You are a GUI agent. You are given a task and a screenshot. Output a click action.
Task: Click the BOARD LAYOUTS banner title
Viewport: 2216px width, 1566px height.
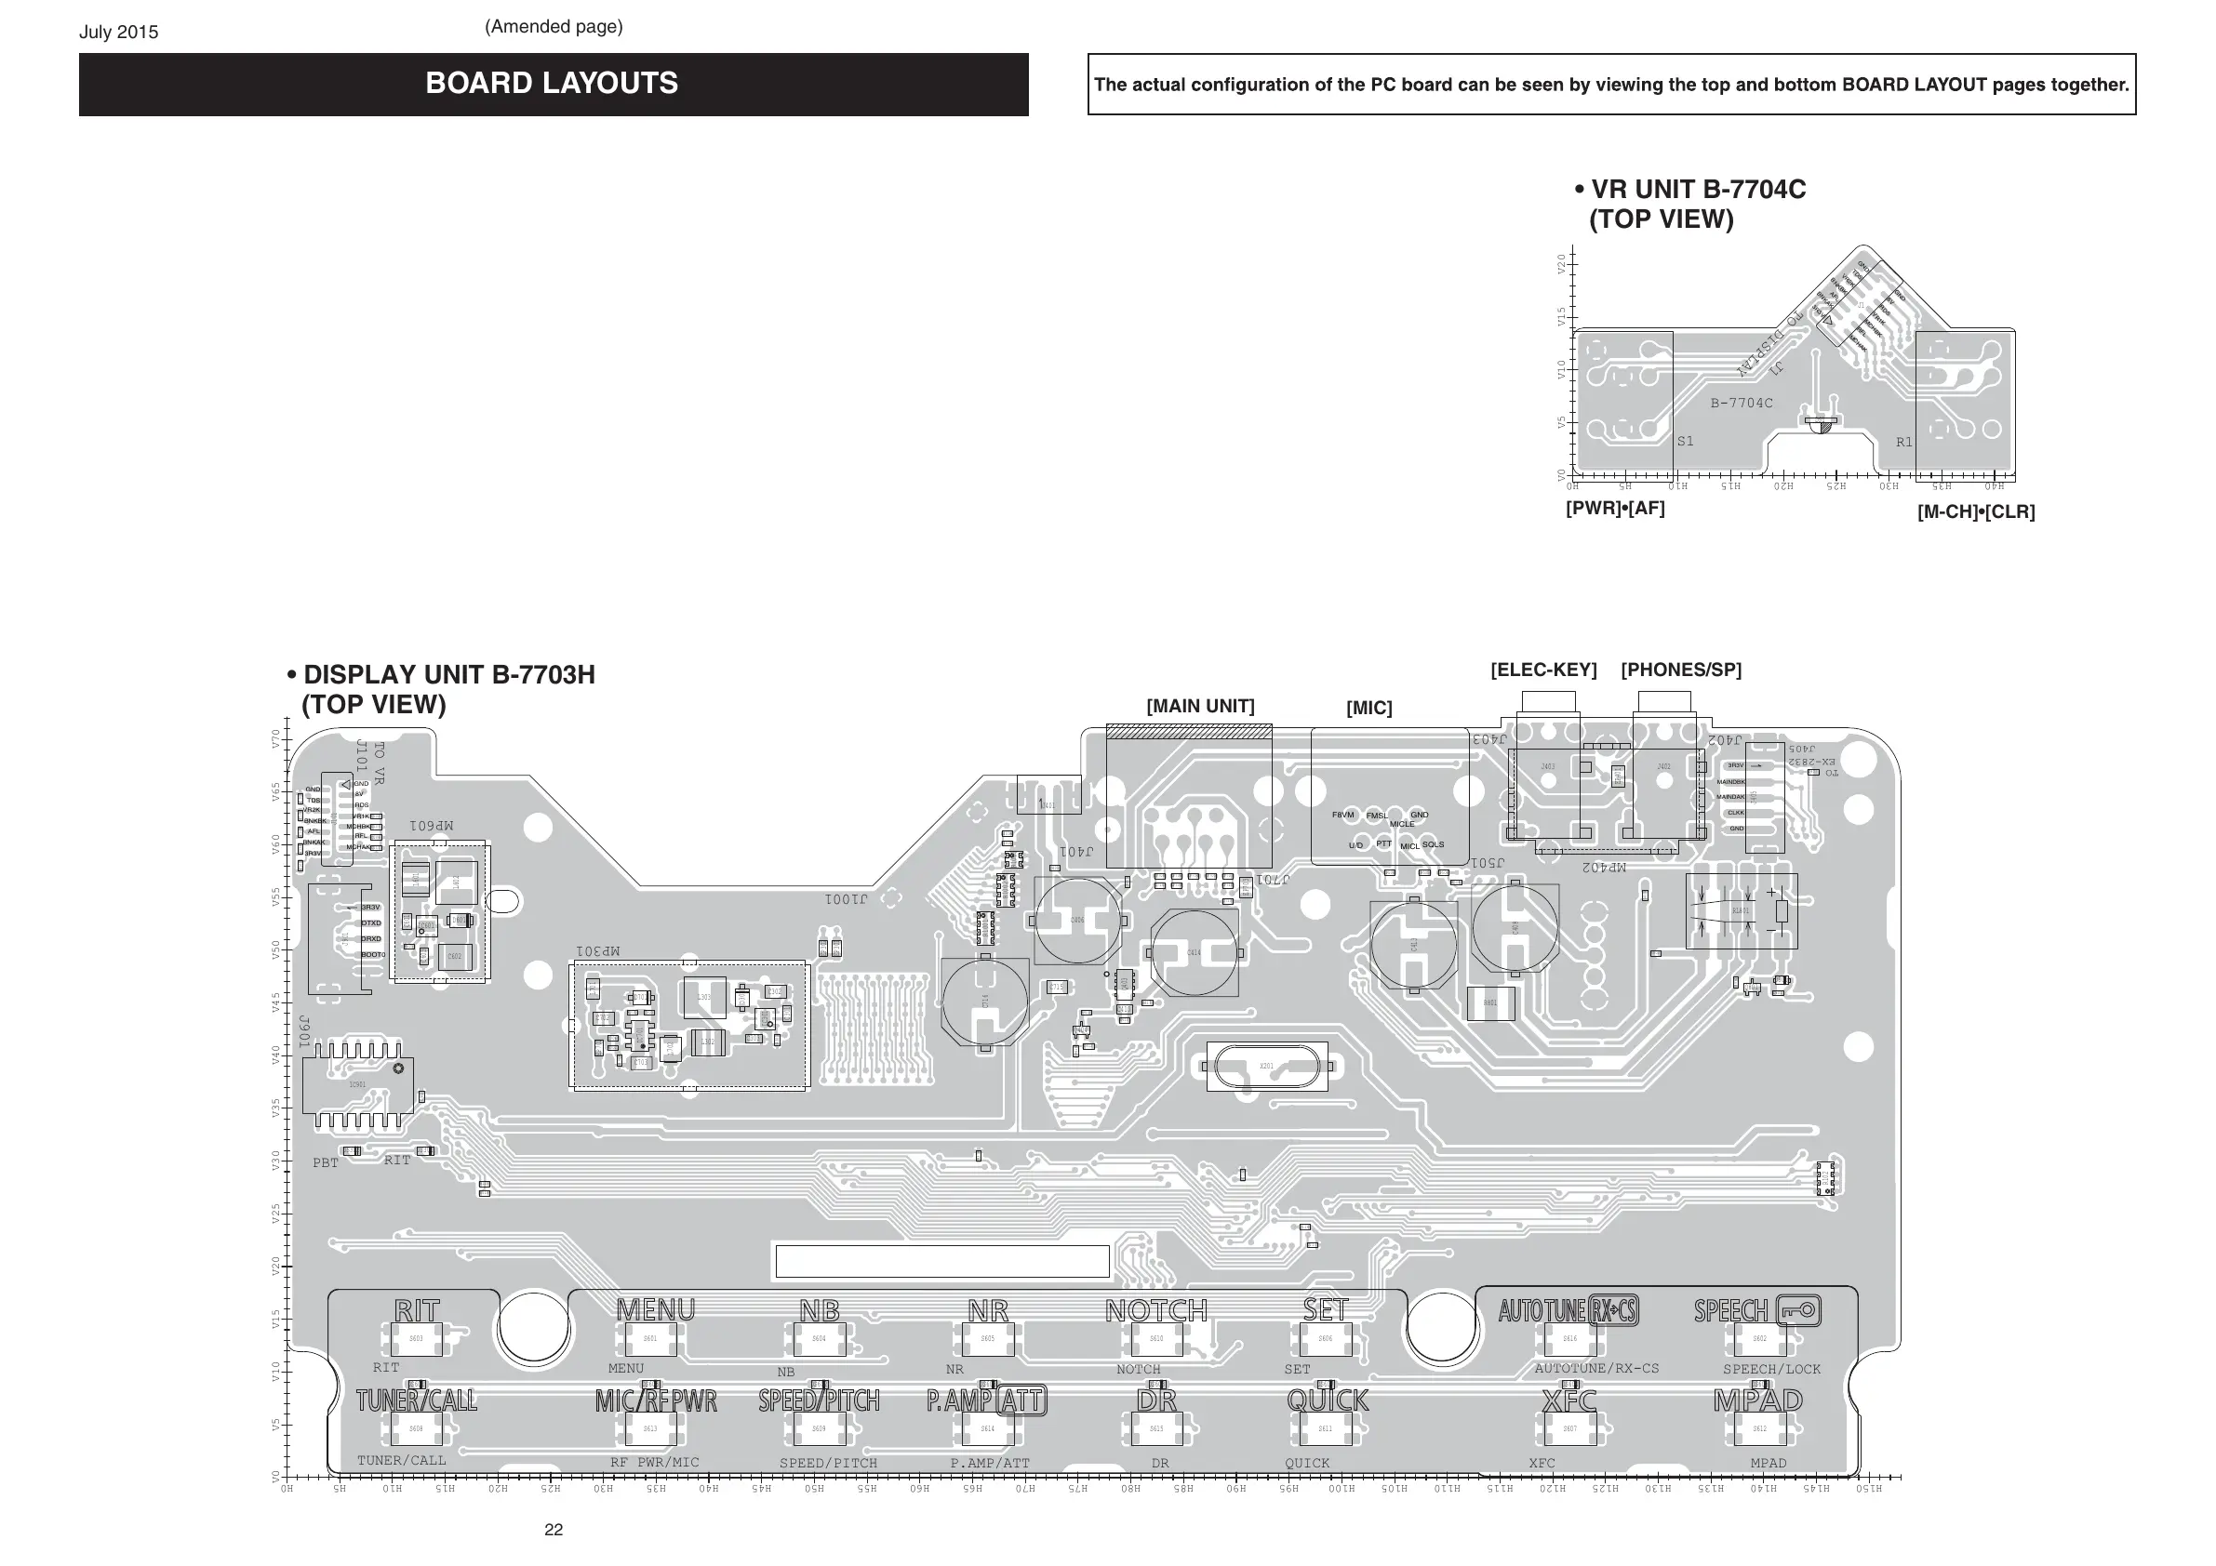(x=551, y=84)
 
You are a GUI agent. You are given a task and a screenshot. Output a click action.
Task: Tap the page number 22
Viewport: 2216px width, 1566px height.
(x=553, y=1530)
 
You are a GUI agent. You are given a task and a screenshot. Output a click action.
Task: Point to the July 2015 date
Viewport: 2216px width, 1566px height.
(x=119, y=32)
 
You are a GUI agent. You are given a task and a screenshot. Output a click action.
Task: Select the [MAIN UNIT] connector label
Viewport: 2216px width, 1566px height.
(x=1200, y=707)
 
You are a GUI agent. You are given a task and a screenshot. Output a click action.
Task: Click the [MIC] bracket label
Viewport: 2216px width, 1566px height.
(x=1368, y=709)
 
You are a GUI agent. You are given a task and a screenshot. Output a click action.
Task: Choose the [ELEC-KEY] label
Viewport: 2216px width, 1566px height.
(x=1543, y=670)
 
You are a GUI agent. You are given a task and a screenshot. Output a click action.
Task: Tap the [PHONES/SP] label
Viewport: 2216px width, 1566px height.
(x=1680, y=670)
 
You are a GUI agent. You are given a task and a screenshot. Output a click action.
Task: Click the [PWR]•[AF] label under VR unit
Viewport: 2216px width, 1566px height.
(x=1615, y=508)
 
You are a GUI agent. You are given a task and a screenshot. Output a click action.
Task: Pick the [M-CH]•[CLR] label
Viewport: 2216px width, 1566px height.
(x=1976, y=511)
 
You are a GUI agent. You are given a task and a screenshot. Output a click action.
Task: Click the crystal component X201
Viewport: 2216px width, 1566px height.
(x=1266, y=1067)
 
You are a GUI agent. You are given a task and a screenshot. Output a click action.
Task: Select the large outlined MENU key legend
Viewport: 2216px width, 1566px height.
(x=655, y=1309)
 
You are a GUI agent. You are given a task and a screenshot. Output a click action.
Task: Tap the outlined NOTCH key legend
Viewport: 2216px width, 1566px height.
(x=1156, y=1310)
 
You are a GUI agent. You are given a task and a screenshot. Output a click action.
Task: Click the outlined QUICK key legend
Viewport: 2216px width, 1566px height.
(x=1328, y=1400)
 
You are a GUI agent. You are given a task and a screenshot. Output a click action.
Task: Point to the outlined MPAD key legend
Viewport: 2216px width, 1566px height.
(x=1757, y=1400)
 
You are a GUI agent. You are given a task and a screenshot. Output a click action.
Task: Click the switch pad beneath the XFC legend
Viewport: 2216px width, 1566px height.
(x=1569, y=1429)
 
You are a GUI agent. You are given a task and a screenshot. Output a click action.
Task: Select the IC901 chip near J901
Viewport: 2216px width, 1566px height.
(x=358, y=1085)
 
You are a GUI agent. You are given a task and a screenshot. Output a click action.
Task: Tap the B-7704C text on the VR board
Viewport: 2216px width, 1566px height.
(x=1742, y=404)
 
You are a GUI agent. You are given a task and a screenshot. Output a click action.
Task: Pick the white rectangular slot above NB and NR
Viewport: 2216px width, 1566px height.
(x=942, y=1261)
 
